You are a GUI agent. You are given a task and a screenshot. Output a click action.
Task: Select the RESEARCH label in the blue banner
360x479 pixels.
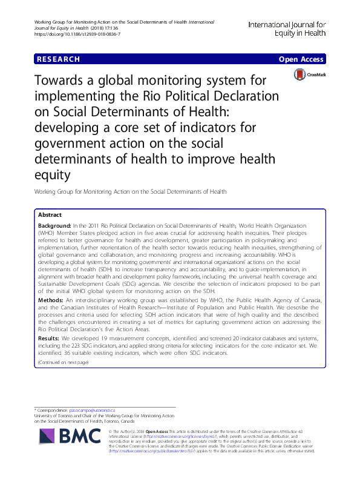pos(58,59)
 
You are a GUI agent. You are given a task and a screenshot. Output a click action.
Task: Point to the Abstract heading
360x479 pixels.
pos(50,215)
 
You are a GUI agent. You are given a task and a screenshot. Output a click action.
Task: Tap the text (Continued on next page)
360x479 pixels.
pos(63,362)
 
